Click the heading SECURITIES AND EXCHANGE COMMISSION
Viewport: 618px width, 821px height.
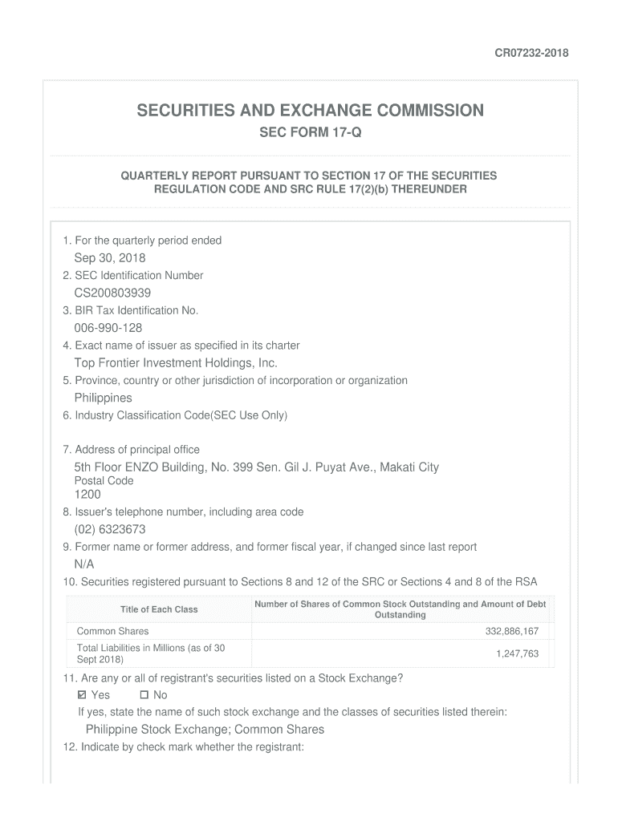[310, 111]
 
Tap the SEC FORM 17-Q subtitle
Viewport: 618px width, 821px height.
[310, 132]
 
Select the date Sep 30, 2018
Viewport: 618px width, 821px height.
[110, 257]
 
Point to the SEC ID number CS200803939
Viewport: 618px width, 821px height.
[112, 293]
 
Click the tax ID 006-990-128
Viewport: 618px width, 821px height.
[108, 328]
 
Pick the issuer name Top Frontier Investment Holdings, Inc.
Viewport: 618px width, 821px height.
[176, 363]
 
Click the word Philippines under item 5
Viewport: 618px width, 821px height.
[104, 398]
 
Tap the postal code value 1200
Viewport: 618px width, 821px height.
[87, 495]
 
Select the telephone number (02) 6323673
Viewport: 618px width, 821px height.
[110, 529]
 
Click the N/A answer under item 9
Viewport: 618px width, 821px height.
[84, 564]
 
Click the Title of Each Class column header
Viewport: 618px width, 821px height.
[159, 609]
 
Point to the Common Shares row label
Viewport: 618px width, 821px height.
[112, 632]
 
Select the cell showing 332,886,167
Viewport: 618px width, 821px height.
[512, 632]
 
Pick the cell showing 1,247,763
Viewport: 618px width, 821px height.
[517, 654]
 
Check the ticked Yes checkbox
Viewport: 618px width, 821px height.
[82, 695]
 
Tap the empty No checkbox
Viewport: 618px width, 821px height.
[144, 695]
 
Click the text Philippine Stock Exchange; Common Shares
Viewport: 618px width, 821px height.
[205, 730]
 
